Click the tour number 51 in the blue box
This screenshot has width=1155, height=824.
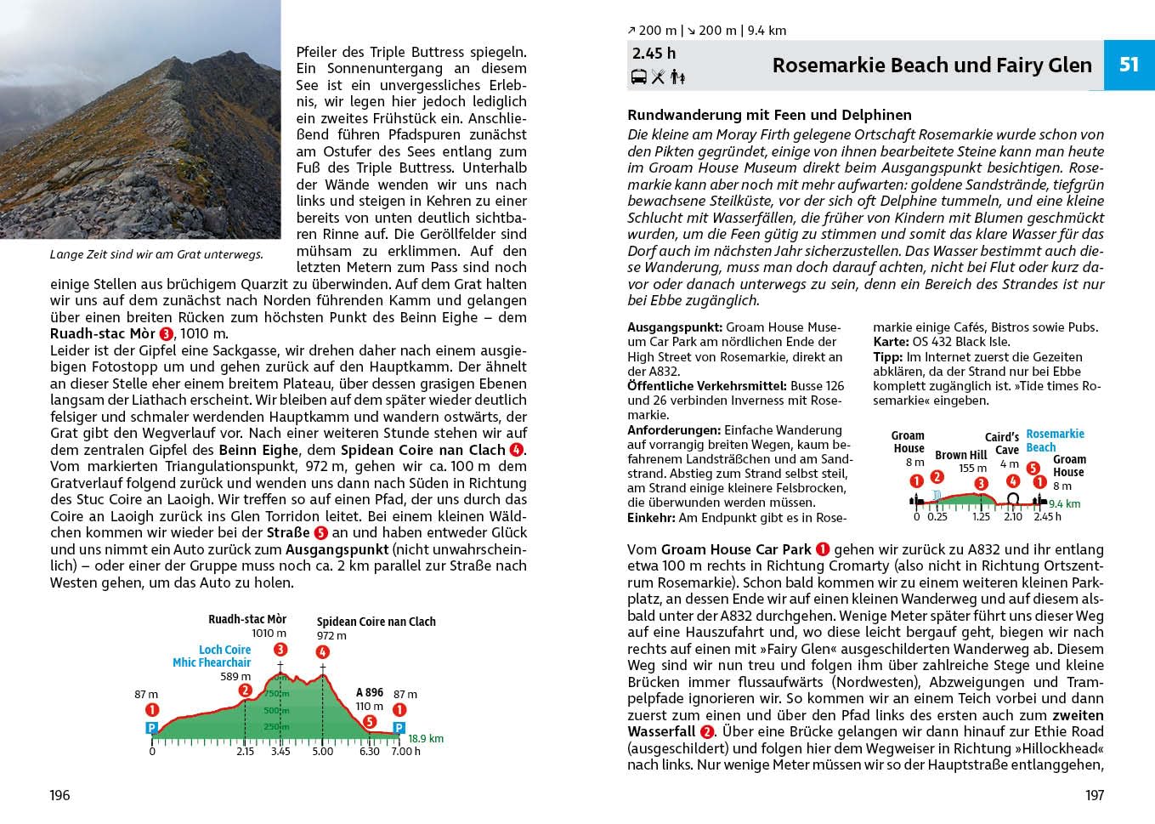coord(1129,65)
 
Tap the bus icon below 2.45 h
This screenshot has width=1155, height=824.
coord(638,77)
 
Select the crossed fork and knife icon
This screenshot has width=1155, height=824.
coord(658,77)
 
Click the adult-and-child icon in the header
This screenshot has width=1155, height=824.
coord(677,77)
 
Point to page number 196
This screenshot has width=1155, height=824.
coord(59,795)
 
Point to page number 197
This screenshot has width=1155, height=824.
coord(1094,795)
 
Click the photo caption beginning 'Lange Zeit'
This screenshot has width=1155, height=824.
coord(156,254)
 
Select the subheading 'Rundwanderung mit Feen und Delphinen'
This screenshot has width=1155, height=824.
coord(769,115)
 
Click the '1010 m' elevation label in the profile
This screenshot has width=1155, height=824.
coord(269,633)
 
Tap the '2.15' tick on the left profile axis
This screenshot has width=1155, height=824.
coord(245,751)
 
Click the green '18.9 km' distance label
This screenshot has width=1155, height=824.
coord(426,738)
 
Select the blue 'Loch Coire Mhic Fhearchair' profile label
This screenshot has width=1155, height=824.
coord(212,656)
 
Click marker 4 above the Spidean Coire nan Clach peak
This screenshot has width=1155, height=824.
coord(322,652)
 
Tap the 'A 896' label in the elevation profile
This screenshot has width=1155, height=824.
coord(370,692)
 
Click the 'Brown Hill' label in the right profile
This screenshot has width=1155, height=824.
coord(960,455)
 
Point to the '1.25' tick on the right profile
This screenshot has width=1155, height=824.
coord(981,516)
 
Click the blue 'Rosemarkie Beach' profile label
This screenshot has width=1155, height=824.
coord(1054,440)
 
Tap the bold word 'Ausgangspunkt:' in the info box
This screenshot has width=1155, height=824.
coord(675,327)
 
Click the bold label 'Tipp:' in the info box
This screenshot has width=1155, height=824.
coord(887,357)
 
